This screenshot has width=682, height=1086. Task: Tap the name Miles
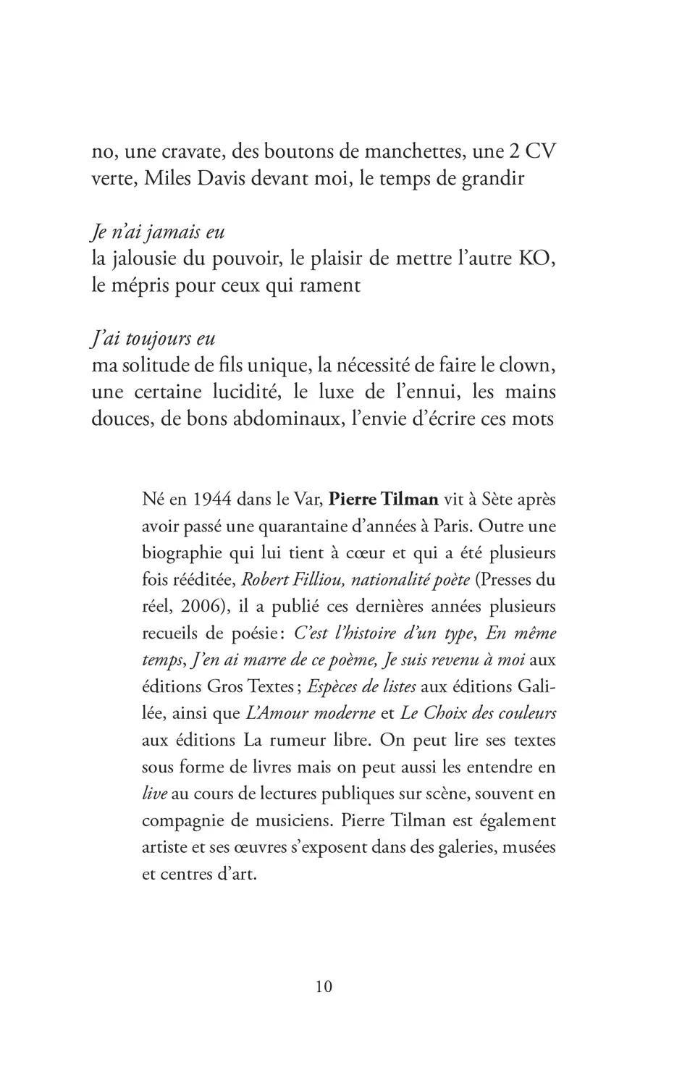point(167,179)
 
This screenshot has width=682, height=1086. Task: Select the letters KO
point(538,258)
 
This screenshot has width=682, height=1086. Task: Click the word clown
point(529,365)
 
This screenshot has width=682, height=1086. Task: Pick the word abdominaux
point(287,418)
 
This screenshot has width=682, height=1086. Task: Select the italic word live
point(155,794)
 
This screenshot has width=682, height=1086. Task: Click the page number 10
point(324,986)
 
